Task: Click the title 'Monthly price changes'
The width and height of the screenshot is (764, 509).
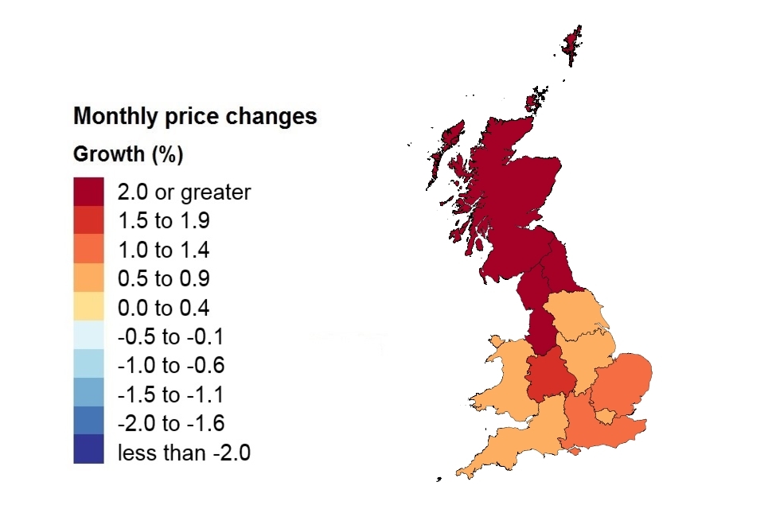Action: [195, 116]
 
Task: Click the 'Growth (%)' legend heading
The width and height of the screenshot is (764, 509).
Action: [128, 154]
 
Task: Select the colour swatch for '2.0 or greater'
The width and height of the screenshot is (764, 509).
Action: [88, 192]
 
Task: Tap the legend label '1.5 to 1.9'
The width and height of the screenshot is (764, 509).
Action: [163, 221]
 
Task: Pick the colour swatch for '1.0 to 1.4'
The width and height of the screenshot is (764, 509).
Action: [88, 250]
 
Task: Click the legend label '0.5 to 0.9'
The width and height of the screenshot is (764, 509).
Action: [163, 279]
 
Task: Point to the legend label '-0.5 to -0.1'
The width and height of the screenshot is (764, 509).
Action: [170, 337]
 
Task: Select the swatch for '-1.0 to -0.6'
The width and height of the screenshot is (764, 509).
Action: [88, 366]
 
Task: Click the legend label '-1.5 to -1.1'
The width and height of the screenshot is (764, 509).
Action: [170, 395]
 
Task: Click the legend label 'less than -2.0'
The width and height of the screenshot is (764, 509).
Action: [184, 453]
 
